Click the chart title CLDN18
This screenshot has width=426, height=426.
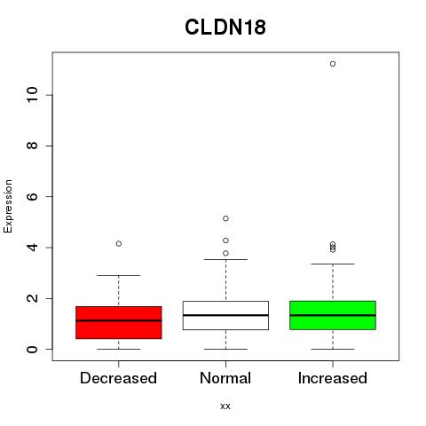[x=225, y=28]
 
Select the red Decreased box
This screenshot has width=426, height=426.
[x=119, y=322]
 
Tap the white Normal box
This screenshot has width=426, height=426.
[x=225, y=315]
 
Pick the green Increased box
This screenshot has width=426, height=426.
[x=333, y=315]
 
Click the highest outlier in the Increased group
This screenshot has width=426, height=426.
[x=333, y=64]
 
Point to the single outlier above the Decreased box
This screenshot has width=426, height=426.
[x=119, y=244]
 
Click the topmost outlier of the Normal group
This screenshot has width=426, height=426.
[x=225, y=218]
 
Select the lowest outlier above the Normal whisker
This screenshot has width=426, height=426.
[x=225, y=253]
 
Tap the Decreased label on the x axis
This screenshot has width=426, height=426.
[x=118, y=378]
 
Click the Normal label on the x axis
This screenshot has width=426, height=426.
[x=225, y=378]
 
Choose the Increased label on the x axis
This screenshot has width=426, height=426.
[x=333, y=378]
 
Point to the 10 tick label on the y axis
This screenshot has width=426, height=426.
[x=32, y=95]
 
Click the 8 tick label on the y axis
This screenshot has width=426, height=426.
[x=32, y=146]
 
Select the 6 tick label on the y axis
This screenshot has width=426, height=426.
[x=32, y=196]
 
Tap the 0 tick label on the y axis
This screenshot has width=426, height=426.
[x=32, y=349]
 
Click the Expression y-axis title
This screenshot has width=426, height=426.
[x=8, y=207]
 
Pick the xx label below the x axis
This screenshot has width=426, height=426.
[x=225, y=406]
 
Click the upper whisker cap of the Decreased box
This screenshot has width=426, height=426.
[x=119, y=275]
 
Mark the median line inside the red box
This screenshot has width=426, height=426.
[x=119, y=320]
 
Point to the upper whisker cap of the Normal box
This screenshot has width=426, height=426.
[x=225, y=259]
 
